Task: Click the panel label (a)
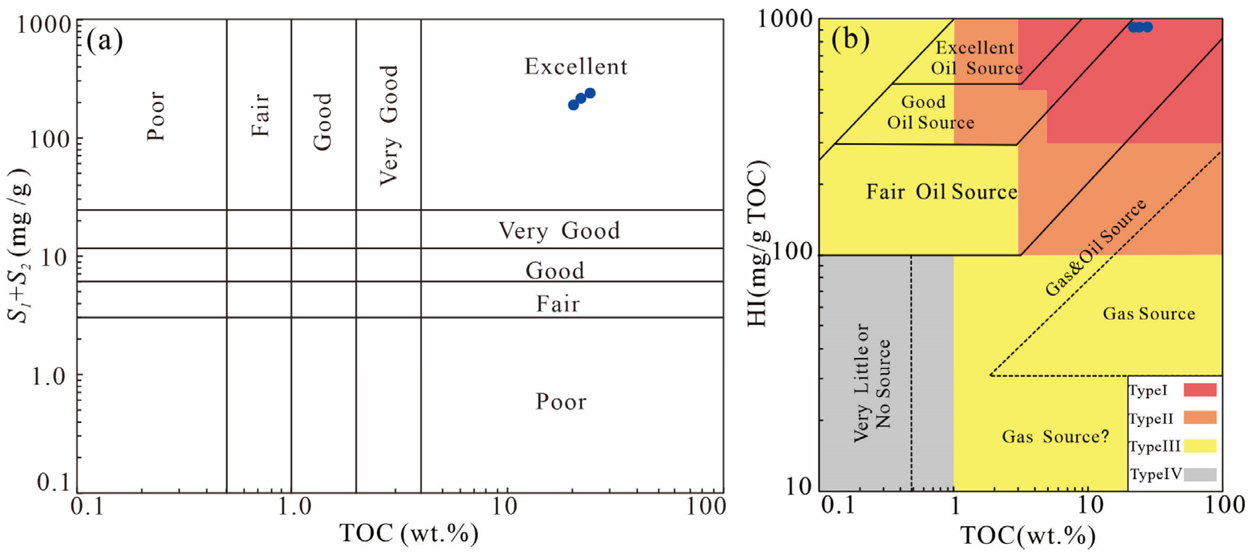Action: point(104,41)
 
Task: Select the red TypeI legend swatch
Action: point(1200,390)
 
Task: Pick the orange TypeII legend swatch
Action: point(1200,418)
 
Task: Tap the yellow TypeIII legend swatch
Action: point(1200,446)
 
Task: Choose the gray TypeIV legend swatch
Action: point(1200,474)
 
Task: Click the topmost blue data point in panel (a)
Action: point(590,93)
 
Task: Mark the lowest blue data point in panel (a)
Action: point(573,105)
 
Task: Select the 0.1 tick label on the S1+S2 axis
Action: point(54,482)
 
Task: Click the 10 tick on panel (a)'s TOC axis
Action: point(504,507)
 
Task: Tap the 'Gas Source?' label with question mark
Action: point(1055,436)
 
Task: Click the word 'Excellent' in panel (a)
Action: point(576,67)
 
